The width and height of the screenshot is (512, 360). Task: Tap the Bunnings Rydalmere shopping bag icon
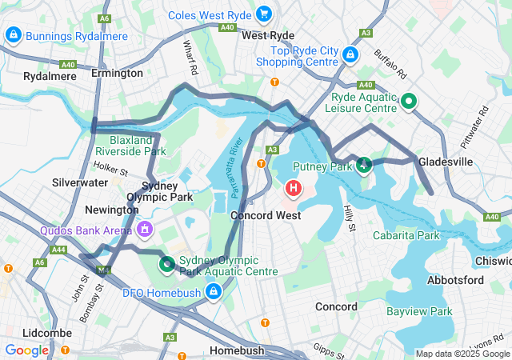point(13,35)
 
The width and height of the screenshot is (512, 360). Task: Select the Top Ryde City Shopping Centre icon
point(349,54)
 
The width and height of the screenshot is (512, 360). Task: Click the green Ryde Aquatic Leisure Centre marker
point(408,101)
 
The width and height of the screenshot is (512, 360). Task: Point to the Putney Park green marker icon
point(364,166)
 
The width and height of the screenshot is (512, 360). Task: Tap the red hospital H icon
point(294,189)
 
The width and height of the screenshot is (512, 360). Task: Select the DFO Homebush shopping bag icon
point(213,292)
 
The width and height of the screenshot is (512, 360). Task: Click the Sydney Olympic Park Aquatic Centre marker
point(167,262)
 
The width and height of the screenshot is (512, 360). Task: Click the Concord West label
point(266,215)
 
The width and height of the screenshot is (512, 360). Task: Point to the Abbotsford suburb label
point(455,280)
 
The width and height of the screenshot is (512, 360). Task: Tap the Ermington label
point(117,73)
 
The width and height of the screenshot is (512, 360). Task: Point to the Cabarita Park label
point(406,235)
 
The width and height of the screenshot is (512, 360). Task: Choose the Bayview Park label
point(419,311)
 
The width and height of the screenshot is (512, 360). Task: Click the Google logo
point(27,350)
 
